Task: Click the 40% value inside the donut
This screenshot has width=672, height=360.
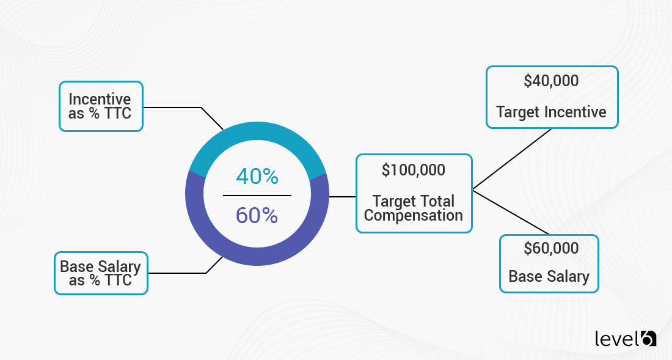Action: click(x=257, y=177)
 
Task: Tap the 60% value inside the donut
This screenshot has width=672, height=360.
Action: click(x=257, y=215)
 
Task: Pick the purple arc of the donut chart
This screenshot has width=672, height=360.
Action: click(x=257, y=254)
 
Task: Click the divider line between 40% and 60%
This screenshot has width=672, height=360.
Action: click(x=257, y=196)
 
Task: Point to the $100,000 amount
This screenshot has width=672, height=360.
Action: click(x=414, y=171)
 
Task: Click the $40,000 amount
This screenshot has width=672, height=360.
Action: click(x=551, y=81)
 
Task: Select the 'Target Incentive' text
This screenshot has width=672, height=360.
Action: click(x=551, y=112)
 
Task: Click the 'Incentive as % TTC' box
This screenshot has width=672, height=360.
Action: click(x=101, y=106)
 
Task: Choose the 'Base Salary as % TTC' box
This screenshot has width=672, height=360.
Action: click(x=101, y=273)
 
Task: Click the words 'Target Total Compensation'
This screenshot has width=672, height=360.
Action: click(x=414, y=208)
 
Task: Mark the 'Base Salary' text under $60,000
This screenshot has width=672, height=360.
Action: click(x=549, y=277)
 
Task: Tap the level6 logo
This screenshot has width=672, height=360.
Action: click(x=625, y=338)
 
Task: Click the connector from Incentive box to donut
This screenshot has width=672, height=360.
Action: click(x=183, y=108)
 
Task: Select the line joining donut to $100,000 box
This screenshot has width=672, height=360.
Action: click(x=342, y=197)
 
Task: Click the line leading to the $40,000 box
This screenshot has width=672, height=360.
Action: click(x=513, y=158)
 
